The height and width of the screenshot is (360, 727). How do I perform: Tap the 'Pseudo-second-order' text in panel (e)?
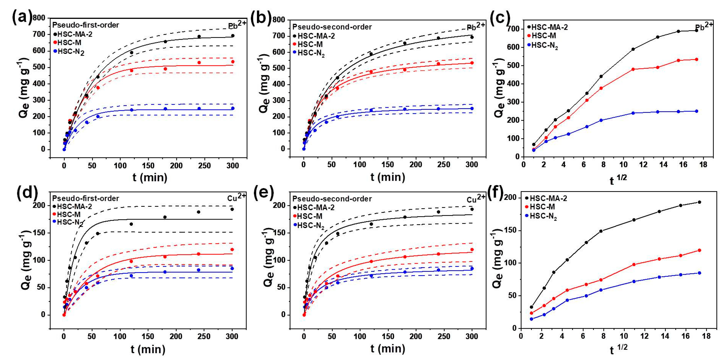[x=332, y=199]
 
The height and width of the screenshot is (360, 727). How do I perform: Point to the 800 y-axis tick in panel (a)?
[x=39, y=18]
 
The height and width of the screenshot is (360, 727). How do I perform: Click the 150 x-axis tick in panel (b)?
[x=388, y=164]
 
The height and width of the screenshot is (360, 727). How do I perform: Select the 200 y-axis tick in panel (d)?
[x=39, y=205]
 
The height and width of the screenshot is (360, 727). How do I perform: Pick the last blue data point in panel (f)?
[x=699, y=273]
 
